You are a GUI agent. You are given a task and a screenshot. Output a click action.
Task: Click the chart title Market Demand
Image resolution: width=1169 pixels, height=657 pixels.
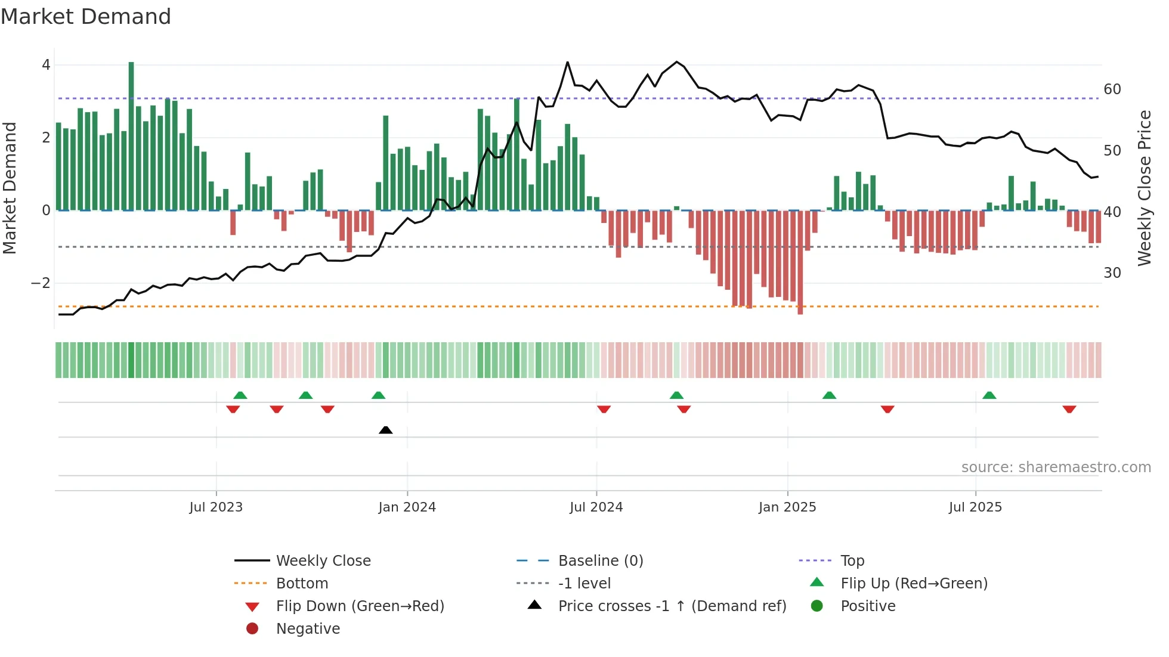86,17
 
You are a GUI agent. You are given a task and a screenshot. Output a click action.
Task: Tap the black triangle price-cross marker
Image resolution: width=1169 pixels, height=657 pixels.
386,430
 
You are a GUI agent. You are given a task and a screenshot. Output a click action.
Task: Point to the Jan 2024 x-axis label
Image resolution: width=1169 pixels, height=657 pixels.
407,507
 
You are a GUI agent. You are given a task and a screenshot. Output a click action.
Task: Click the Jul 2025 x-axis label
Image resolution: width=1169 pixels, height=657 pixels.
975,507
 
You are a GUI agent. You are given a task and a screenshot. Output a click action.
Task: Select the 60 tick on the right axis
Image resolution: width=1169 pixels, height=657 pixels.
1112,89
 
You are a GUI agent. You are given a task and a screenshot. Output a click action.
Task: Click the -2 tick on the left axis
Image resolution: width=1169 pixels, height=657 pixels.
41,283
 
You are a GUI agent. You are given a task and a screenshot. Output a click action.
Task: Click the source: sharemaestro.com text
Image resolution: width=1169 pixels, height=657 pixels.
1056,467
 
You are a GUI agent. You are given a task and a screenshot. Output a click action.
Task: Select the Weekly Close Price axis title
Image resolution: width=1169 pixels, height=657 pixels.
1144,188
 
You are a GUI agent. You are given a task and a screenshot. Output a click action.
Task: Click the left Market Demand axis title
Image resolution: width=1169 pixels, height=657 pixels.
10,188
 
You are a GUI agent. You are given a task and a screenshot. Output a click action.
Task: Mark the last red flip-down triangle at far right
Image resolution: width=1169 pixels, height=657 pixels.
1069,409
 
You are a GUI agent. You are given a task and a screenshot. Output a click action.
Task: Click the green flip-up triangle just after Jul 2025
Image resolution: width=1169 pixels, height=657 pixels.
989,395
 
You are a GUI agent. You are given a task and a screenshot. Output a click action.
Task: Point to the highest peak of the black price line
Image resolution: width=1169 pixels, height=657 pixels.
567,63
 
